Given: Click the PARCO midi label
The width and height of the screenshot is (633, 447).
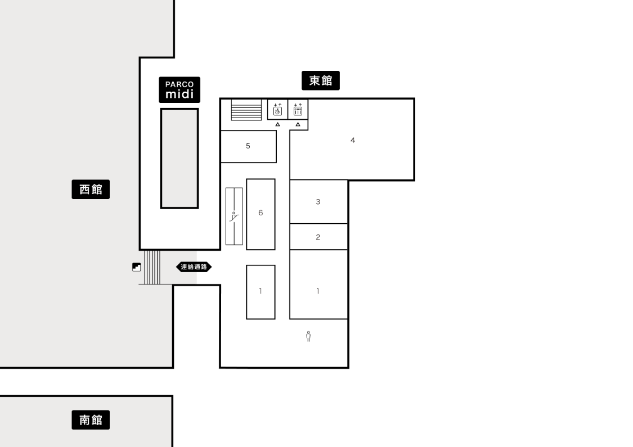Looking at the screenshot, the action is [x=179, y=89].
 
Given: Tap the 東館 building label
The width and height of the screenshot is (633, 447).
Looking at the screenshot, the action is [x=321, y=81].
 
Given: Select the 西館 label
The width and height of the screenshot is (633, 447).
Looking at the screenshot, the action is [x=91, y=189].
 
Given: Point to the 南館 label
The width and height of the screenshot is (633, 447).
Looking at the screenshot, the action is [x=91, y=420].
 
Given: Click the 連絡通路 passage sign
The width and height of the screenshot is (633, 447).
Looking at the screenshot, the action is [x=194, y=267].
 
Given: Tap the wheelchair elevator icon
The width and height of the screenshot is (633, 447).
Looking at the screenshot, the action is [x=277, y=109].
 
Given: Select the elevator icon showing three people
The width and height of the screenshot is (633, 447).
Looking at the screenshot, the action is [x=298, y=109].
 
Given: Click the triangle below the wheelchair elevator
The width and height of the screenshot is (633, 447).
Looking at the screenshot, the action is [x=278, y=125].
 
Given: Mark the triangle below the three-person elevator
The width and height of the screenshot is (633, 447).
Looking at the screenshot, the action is [x=298, y=125].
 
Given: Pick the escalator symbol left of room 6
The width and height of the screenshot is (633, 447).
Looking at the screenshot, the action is [x=234, y=216].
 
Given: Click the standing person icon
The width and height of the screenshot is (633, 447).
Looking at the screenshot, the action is [x=308, y=336].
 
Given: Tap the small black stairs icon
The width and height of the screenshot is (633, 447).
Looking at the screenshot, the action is [x=137, y=267].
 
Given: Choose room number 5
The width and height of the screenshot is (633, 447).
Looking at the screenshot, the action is [x=248, y=146].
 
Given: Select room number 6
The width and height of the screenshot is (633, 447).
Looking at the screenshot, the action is [x=261, y=213].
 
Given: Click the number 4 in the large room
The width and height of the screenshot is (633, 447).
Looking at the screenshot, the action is [x=353, y=141].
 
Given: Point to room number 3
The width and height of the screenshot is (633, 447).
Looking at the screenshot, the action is [x=318, y=202].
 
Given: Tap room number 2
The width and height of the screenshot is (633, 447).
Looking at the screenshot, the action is [x=318, y=237].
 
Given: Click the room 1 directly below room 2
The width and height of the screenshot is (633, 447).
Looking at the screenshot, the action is [x=318, y=291].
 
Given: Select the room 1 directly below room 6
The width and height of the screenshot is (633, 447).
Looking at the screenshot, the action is [x=261, y=291].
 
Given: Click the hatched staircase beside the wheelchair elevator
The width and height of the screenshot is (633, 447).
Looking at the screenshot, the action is [x=246, y=110].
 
